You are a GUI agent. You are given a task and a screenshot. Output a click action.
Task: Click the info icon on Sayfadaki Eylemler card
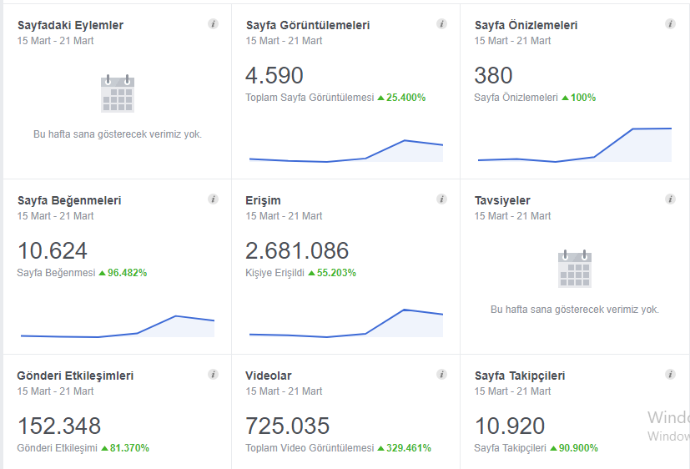213,23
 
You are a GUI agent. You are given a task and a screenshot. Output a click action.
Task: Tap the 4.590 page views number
274,75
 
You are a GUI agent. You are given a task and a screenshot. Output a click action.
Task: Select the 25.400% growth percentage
405,98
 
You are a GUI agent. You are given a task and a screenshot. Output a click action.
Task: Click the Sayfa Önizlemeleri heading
526,25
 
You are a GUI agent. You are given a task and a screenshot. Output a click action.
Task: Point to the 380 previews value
493,75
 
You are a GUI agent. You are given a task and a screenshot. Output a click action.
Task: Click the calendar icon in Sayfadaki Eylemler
118,93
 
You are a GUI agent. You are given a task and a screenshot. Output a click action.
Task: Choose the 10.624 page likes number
53,251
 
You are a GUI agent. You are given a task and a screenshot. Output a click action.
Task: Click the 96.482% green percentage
127,273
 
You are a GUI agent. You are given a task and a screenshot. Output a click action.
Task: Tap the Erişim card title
263,200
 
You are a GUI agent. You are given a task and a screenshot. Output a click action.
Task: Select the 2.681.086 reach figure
297,251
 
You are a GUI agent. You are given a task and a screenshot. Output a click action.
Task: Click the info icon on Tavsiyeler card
670,199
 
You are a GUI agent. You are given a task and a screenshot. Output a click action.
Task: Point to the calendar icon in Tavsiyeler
575,269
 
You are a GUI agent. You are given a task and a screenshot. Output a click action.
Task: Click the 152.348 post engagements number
59,426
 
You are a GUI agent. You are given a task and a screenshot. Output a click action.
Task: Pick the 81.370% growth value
129,448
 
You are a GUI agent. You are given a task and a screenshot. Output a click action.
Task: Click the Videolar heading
269,376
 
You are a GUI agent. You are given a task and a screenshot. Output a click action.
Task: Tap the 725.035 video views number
287,426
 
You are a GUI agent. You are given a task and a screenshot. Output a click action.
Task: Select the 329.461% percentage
408,448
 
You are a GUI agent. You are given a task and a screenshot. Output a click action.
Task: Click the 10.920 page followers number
510,426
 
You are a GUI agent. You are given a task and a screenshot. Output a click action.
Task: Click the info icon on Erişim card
442,199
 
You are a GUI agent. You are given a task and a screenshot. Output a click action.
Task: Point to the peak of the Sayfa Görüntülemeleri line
405,140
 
